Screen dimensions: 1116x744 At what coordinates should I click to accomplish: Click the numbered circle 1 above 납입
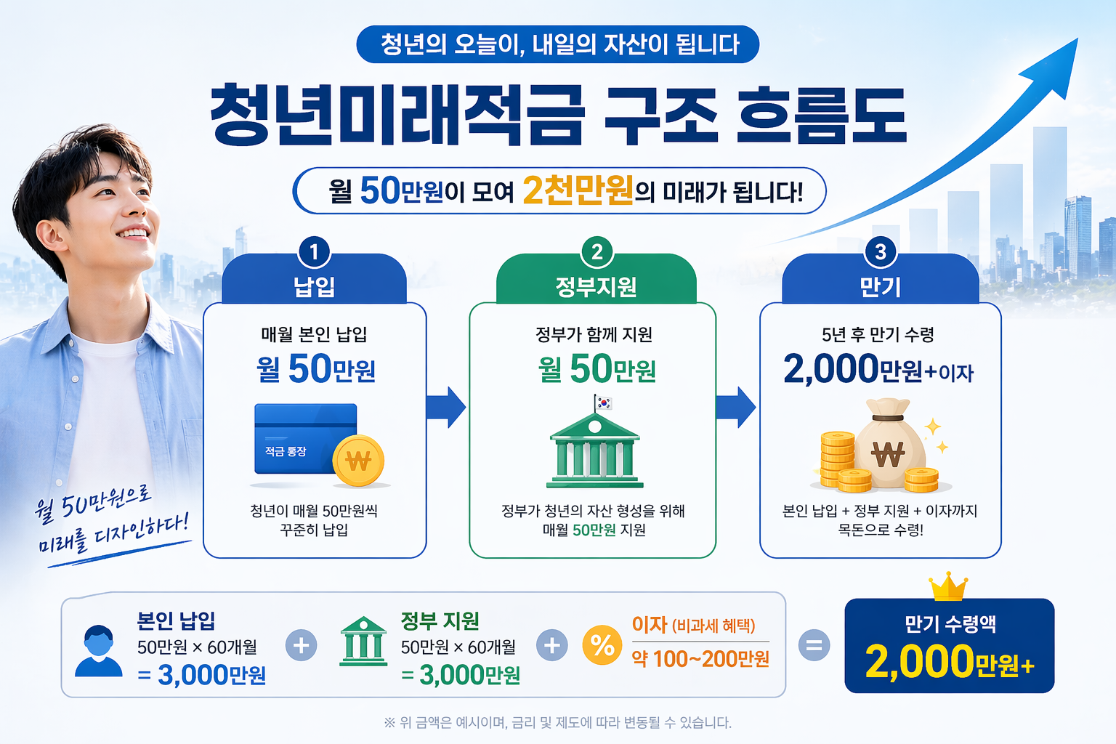[314, 252]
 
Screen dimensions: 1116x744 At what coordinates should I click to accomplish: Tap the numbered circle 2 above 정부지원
[597, 252]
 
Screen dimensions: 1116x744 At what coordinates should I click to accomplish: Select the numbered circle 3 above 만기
[880, 252]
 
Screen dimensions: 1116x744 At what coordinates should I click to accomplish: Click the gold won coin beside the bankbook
[358, 461]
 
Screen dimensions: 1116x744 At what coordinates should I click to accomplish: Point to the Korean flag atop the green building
[603, 403]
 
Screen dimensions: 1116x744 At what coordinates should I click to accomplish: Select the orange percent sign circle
[602, 645]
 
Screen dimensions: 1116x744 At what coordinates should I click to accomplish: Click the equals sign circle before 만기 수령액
[814, 645]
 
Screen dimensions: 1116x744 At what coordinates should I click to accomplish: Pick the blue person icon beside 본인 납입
[99, 650]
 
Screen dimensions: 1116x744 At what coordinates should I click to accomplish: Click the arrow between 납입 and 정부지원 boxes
[446, 408]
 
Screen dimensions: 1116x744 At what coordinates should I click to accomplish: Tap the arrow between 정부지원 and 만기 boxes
[735, 408]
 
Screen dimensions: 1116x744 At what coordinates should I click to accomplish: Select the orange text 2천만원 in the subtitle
[578, 191]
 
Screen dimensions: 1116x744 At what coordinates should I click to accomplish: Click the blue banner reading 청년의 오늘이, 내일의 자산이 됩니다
[558, 44]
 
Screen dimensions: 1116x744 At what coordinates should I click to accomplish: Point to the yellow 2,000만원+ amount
[949, 663]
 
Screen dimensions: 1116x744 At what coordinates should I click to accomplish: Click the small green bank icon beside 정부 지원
[363, 642]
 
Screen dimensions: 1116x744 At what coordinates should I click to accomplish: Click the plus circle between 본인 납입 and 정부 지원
[301, 645]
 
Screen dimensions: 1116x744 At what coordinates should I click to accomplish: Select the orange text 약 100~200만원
[700, 659]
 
